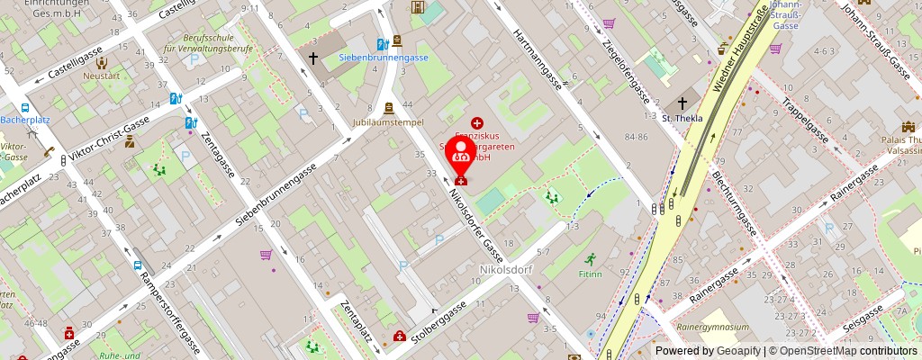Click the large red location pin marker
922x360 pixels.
click(x=462, y=155)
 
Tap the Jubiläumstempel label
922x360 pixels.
click(x=390, y=121)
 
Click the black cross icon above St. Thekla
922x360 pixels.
click(x=682, y=103)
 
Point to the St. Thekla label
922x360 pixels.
click(x=681, y=118)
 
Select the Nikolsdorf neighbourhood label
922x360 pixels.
click(x=508, y=268)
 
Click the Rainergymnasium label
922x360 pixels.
click(x=714, y=327)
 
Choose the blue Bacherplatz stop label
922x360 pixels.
click(x=25, y=119)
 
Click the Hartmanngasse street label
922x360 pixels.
click(x=538, y=60)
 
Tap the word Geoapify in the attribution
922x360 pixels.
click(x=737, y=351)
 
